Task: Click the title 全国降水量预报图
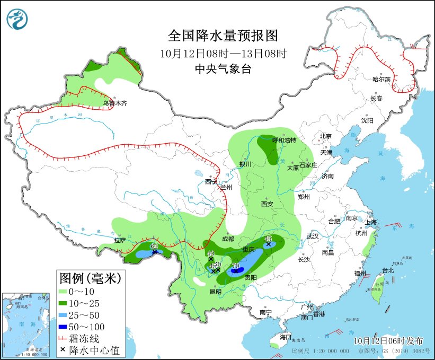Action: (223, 36)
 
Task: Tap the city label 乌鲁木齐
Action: (115, 103)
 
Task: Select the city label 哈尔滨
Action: (381, 79)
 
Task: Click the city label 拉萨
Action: (120, 240)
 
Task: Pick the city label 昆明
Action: (215, 291)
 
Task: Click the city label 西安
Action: (267, 204)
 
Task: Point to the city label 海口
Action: (286, 337)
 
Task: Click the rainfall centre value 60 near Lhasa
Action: (155, 246)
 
